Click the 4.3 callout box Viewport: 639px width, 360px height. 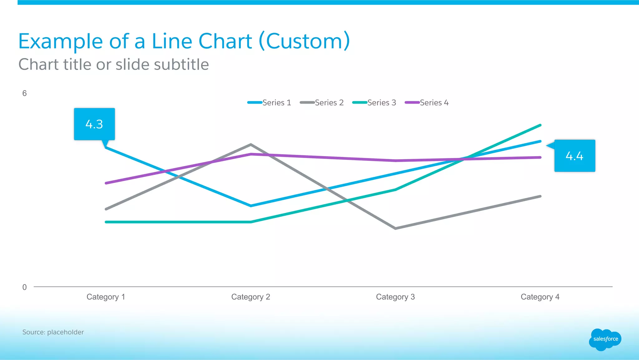[94, 124]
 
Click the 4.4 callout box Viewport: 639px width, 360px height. [574, 155]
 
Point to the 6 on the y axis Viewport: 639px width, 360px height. [24, 93]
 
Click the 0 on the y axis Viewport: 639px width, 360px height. [24, 287]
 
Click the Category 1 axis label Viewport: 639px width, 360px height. [106, 297]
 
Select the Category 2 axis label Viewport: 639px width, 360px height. [251, 297]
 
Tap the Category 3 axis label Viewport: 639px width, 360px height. [395, 297]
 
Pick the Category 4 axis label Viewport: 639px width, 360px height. [540, 297]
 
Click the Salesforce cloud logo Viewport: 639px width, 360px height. [605, 339]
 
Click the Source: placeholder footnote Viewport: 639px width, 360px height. [53, 332]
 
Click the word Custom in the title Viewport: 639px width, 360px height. [304, 41]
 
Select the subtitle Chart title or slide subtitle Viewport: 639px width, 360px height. [114, 65]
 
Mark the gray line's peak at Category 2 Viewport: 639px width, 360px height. [251, 145]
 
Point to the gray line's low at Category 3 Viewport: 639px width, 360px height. [396, 229]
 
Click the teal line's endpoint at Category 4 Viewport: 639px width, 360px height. [540, 125]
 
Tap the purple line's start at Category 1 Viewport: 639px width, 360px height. [106, 183]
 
